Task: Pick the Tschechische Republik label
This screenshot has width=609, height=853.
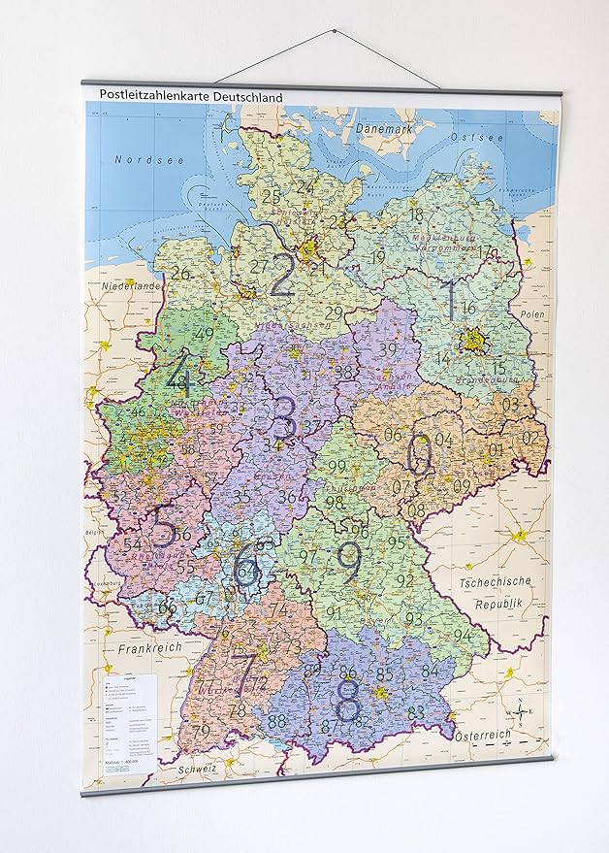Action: pyautogui.click(x=497, y=591)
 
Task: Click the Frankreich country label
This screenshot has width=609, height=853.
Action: pyautogui.click(x=144, y=646)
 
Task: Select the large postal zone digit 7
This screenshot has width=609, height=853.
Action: pyautogui.click(x=242, y=671)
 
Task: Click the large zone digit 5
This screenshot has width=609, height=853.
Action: pyautogui.click(x=162, y=528)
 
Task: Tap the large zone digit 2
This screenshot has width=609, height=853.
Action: pyautogui.click(x=282, y=275)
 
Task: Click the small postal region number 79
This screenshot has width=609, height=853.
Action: pyautogui.click(x=202, y=731)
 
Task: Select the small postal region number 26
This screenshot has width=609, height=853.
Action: pyautogui.click(x=180, y=274)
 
